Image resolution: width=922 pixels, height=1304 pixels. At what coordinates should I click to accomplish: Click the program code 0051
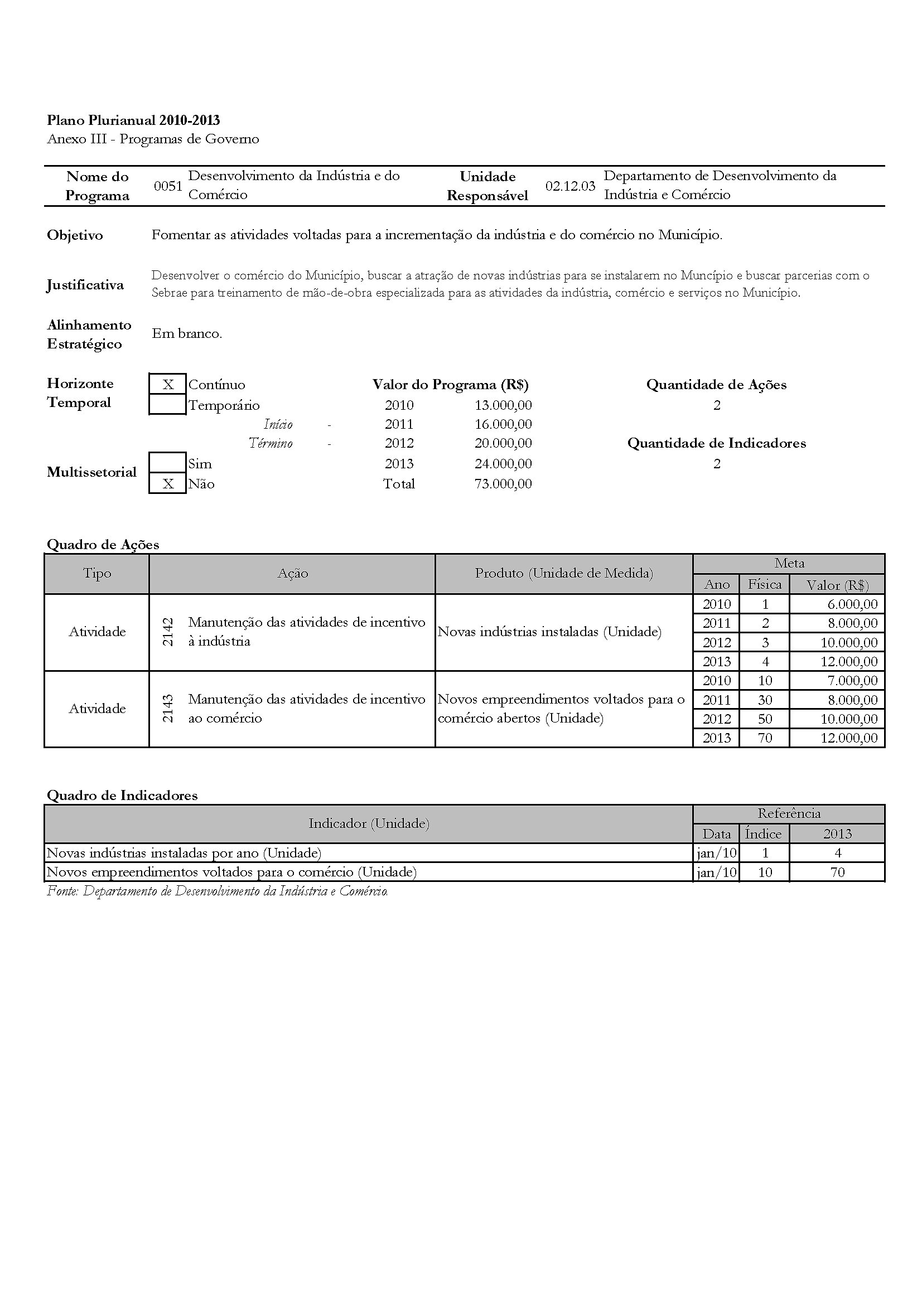[168, 186]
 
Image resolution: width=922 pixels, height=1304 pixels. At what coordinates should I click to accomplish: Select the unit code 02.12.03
[570, 186]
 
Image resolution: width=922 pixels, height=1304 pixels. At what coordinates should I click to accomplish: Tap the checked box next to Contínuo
[167, 385]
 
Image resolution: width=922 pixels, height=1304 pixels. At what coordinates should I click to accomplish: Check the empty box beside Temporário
[167, 405]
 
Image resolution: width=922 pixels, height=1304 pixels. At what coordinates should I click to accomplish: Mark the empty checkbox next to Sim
[167, 463]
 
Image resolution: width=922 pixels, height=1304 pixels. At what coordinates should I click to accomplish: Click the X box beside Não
[167, 484]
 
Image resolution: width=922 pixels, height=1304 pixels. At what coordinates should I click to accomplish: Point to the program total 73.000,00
[503, 484]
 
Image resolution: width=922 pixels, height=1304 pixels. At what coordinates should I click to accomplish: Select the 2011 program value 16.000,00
[503, 424]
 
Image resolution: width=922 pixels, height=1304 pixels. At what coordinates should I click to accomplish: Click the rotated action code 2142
[167, 632]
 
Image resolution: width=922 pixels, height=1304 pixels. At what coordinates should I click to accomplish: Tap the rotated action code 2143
[167, 708]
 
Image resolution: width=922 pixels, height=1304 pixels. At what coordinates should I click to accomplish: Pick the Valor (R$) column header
[837, 584]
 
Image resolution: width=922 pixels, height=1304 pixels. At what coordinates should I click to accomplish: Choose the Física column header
[765, 584]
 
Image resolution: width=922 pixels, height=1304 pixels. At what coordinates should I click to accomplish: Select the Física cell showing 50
[765, 719]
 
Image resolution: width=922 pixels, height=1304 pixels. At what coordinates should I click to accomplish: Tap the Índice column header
[764, 833]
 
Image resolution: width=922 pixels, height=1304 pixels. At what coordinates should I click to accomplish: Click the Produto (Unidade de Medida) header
[563, 573]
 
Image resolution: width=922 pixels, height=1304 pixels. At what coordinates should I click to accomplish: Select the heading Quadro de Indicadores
[122, 795]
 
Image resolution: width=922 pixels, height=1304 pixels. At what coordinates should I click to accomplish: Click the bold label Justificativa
[85, 284]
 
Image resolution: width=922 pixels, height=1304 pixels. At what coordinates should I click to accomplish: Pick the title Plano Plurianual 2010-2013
[133, 120]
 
